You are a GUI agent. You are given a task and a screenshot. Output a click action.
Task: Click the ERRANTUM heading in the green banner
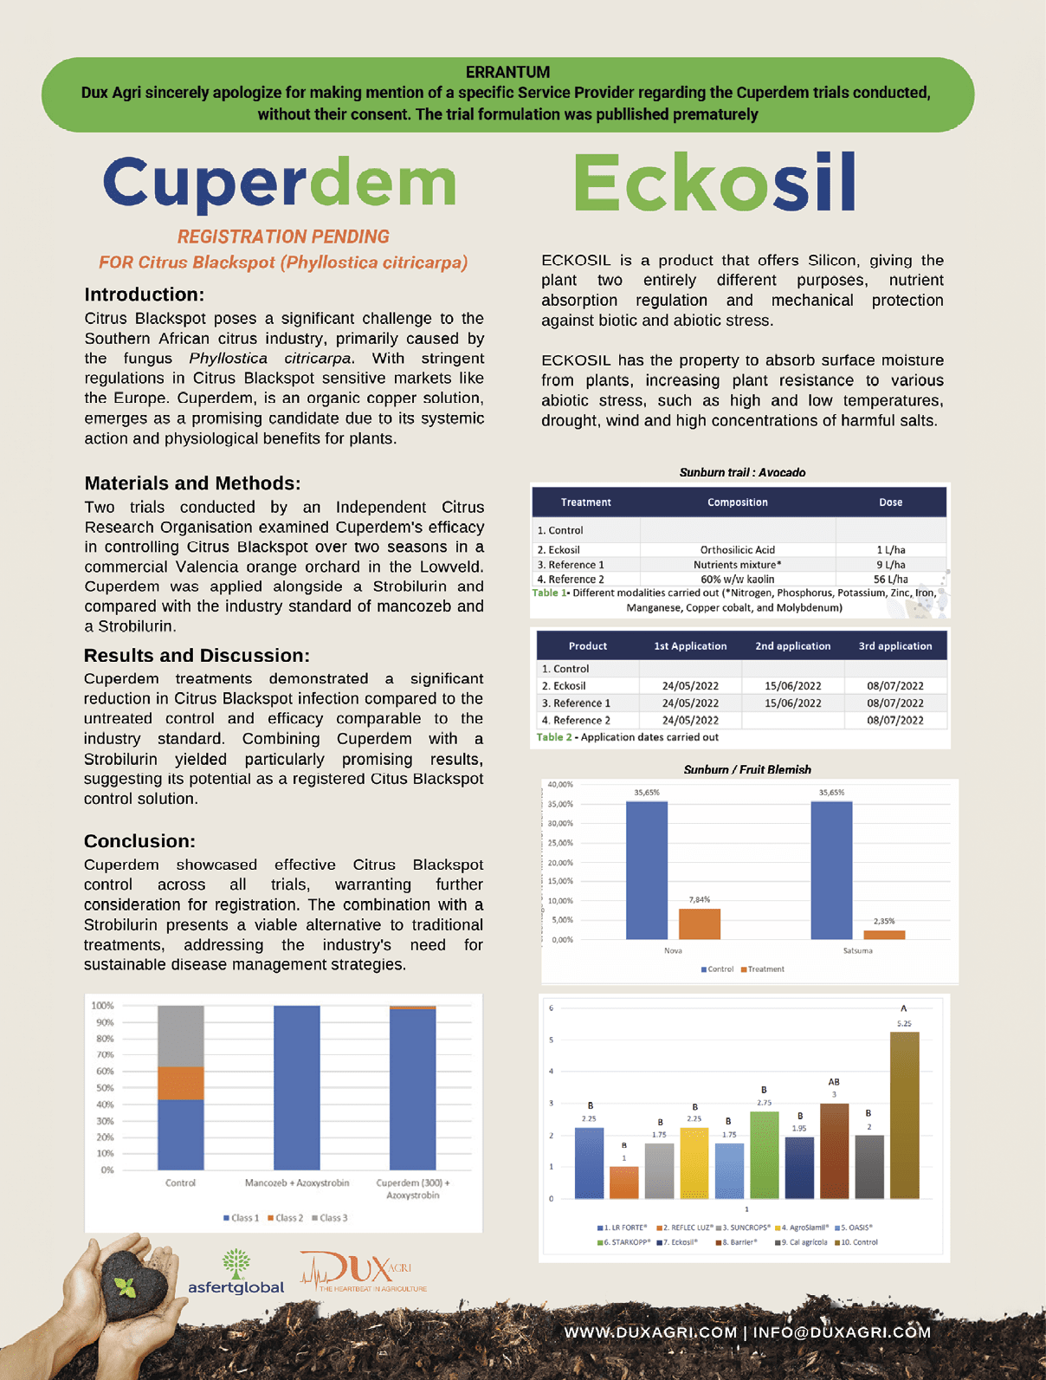tap(507, 72)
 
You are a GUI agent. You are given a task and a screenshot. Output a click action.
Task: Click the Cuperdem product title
tap(280, 182)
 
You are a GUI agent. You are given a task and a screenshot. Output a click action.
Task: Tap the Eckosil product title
tap(715, 182)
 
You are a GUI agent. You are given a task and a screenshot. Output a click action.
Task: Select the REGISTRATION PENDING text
tap(283, 236)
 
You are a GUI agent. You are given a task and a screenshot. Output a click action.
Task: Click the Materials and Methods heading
tap(192, 483)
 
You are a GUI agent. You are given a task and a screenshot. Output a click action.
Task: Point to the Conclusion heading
tap(139, 841)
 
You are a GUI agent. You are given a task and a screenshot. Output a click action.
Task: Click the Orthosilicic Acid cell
tap(738, 550)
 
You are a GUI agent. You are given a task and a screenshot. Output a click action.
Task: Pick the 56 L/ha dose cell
tap(890, 580)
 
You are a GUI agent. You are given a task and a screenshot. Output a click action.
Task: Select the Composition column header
tap(737, 502)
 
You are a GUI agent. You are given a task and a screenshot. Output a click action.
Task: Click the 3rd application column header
tap(894, 646)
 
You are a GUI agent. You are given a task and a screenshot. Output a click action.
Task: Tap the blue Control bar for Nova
tap(647, 870)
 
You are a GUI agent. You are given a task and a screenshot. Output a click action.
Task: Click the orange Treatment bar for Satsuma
tap(884, 935)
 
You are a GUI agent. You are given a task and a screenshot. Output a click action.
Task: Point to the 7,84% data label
tap(700, 900)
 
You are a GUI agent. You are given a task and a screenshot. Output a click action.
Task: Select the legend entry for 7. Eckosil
tap(677, 1242)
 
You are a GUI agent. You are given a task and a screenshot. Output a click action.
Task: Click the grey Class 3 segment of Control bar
tap(181, 1036)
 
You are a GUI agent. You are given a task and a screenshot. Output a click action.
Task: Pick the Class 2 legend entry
tap(286, 1218)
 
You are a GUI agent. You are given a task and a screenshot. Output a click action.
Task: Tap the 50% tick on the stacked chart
tap(104, 1088)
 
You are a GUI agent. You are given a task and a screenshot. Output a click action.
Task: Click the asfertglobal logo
tap(236, 1273)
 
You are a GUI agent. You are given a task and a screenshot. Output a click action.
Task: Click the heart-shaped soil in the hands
tap(131, 1281)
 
